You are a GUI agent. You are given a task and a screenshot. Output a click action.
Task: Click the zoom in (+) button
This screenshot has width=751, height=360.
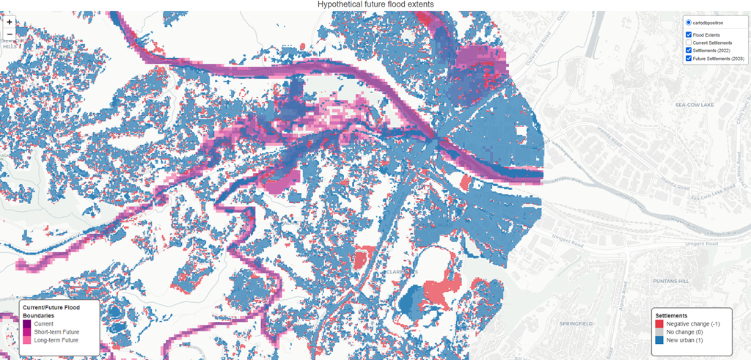point(9,22)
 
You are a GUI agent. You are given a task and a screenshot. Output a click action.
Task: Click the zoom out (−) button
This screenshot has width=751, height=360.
point(9,34)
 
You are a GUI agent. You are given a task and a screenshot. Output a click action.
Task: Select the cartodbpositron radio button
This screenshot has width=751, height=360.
point(688,23)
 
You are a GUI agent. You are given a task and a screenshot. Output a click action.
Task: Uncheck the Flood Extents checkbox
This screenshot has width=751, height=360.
point(688,34)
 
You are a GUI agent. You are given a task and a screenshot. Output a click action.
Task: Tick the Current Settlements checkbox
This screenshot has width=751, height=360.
point(688,43)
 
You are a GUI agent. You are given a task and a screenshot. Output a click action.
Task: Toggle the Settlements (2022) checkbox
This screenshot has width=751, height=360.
point(688,51)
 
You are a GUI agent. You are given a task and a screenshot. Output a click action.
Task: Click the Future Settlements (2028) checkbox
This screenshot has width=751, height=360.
point(688,59)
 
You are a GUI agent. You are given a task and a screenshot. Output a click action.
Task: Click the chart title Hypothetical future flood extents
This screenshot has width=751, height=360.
point(375,4)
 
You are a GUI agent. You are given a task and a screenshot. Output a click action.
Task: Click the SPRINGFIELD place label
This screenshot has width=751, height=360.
point(575,323)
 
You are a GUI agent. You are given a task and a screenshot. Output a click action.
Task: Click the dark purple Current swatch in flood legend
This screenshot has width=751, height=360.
point(27,323)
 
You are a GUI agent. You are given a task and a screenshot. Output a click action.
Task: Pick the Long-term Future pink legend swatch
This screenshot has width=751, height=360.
point(27,341)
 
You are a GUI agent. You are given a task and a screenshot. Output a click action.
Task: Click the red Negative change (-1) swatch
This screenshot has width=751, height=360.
point(659,323)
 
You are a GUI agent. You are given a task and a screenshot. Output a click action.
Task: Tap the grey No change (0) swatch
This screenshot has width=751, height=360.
point(659,332)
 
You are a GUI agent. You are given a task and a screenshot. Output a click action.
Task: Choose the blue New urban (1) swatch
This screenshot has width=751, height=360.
point(659,341)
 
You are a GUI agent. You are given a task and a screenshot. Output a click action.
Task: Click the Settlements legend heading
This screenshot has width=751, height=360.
point(671,315)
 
